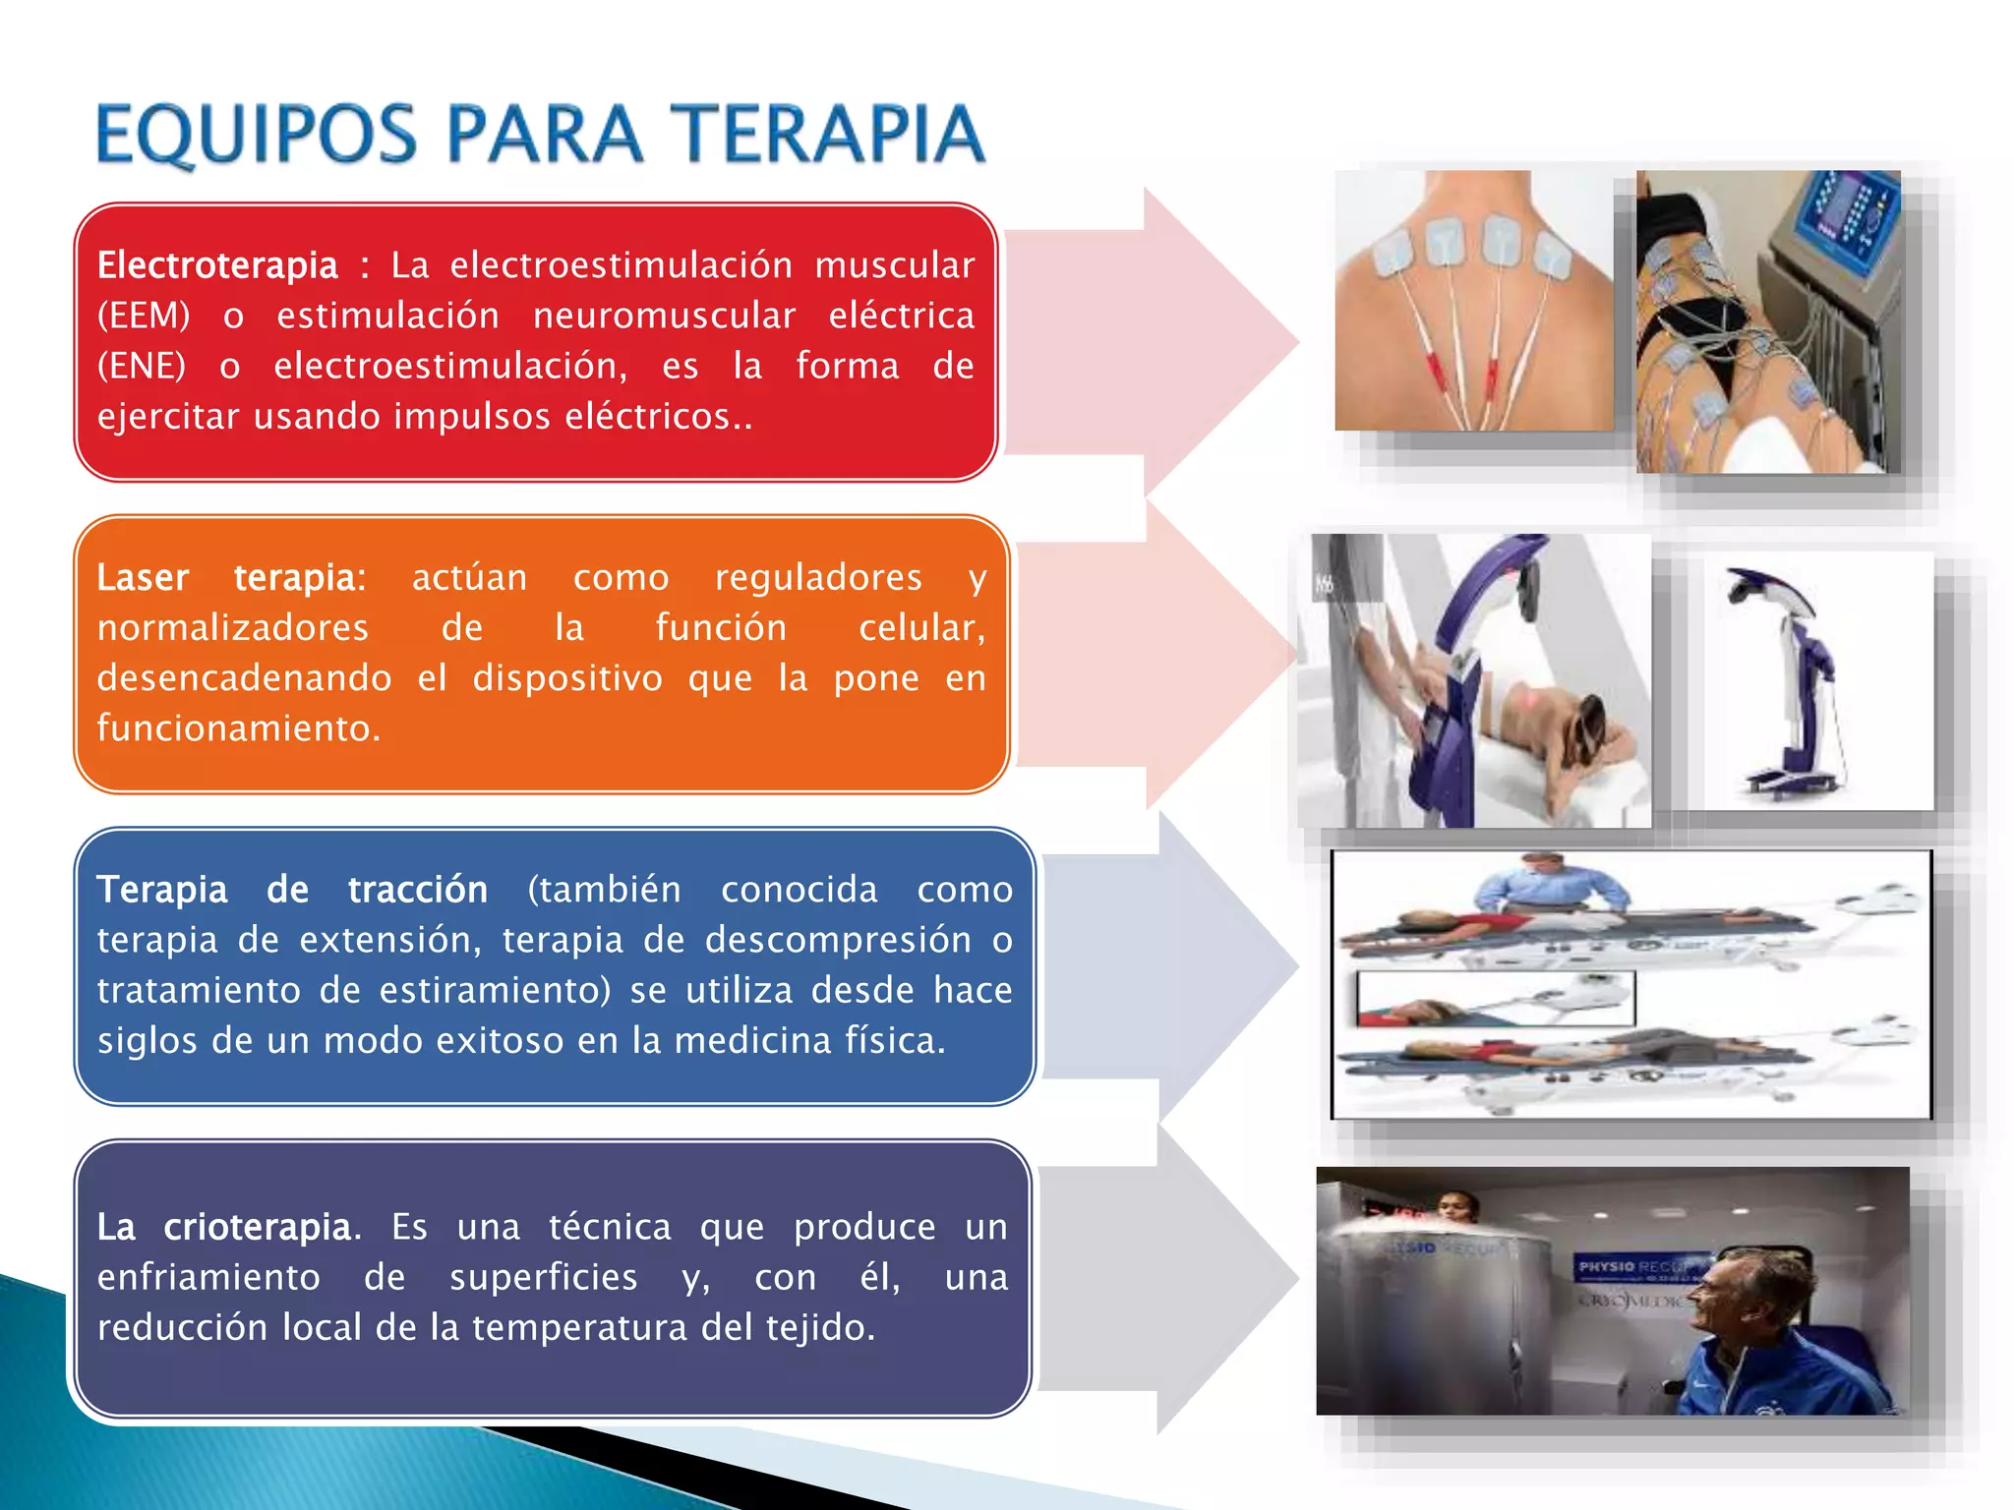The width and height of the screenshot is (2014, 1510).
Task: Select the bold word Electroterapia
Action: click(x=217, y=265)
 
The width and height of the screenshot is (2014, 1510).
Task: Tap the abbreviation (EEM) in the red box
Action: click(x=144, y=316)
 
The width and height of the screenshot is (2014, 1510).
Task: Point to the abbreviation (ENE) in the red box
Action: click(x=142, y=366)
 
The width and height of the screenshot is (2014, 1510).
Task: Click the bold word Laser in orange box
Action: click(x=143, y=577)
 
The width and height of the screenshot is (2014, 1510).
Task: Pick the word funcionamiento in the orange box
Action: click(x=238, y=728)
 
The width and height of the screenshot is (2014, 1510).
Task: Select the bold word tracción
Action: click(x=418, y=890)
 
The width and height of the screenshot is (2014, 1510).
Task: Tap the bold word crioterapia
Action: click(x=257, y=1227)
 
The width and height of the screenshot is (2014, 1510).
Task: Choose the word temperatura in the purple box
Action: click(x=576, y=1327)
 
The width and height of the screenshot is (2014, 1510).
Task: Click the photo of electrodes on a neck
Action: click(x=1472, y=300)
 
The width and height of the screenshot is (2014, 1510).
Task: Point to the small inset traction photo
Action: click(x=1495, y=999)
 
